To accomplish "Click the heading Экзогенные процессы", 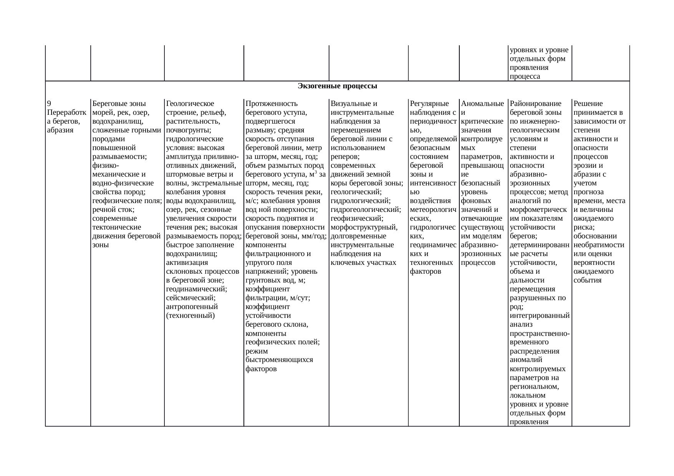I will click(337, 86).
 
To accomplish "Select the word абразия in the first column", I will click(59, 130).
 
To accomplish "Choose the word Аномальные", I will click(482, 104).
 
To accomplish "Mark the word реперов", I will click(344, 157).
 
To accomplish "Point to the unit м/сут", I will click(298, 298).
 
